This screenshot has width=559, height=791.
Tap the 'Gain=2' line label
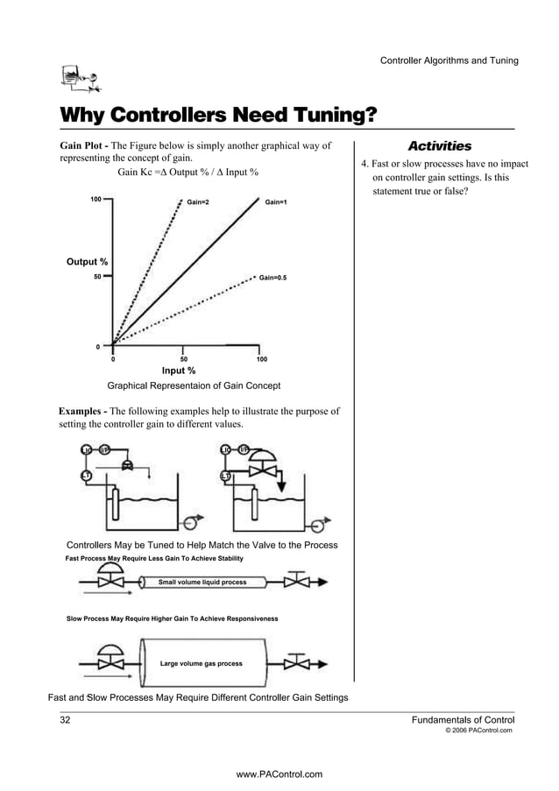pyautogui.click(x=198, y=202)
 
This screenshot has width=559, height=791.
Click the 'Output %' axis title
pyautogui.click(x=88, y=262)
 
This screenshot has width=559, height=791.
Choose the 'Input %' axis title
pyautogui.click(x=179, y=371)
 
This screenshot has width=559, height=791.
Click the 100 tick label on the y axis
pyautogui.click(x=96, y=200)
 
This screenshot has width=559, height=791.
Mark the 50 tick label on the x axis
pyautogui.click(x=183, y=359)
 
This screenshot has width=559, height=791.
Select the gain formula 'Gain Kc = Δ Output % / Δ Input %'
pyautogui.click(x=188, y=172)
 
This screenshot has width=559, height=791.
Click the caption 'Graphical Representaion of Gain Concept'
pyautogui.click(x=194, y=385)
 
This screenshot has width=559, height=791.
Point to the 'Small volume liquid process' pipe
pyautogui.click(x=202, y=582)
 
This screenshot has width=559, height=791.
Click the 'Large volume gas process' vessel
pyautogui.click(x=202, y=664)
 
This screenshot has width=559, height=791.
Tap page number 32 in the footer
pyautogui.click(x=65, y=719)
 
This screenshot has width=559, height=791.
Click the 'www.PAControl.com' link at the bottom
pyautogui.click(x=279, y=773)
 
